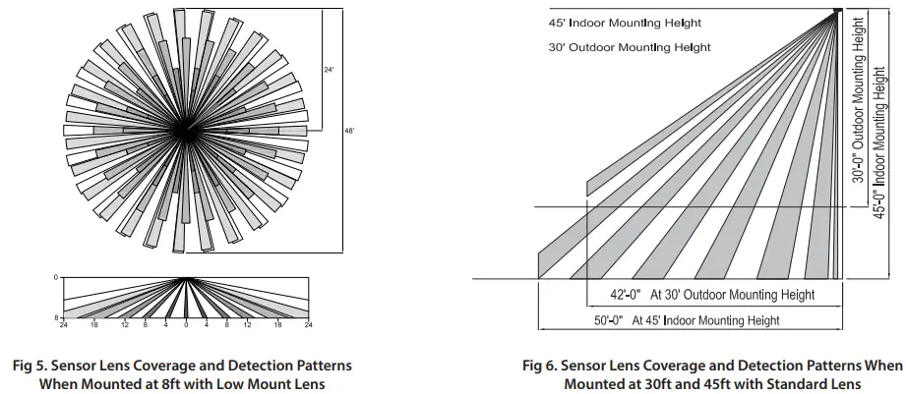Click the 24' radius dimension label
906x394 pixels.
click(330, 70)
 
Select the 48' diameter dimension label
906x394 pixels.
click(349, 130)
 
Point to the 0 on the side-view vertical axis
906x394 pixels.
click(56, 277)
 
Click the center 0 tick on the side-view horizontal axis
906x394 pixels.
click(186, 323)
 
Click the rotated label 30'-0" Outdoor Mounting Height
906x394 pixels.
click(860, 98)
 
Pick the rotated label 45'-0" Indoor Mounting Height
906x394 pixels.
click(881, 139)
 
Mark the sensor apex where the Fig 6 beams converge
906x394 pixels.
click(837, 11)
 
